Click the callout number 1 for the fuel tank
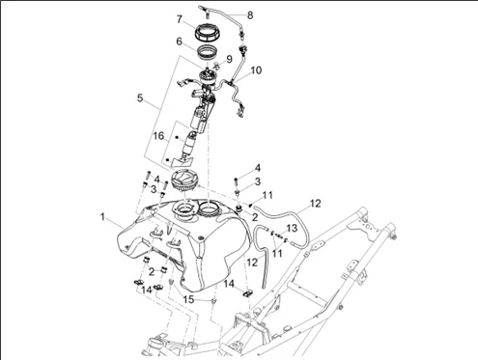[102, 217]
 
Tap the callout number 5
[140, 97]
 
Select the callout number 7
[180, 19]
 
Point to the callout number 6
[179, 42]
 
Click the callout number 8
[250, 15]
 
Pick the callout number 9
[229, 59]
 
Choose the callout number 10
[256, 70]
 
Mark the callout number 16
[158, 136]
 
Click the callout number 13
[292, 229]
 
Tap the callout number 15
[188, 299]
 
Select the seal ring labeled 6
[207, 52]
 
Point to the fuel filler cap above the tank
[184, 180]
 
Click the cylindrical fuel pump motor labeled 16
[189, 144]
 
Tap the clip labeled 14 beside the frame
[247, 293]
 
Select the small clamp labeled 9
[216, 66]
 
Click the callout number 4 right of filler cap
[258, 168]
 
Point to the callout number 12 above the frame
[316, 204]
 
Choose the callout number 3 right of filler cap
[258, 181]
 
